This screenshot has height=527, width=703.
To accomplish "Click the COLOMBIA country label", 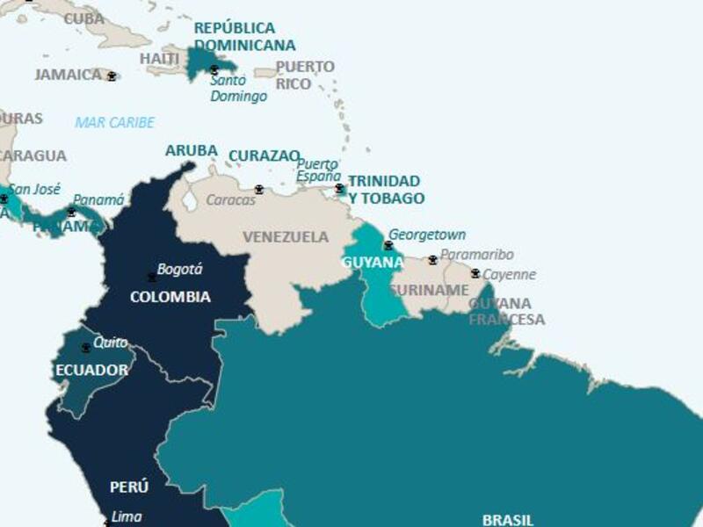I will click(x=170, y=297).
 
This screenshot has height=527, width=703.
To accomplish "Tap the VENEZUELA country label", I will click(x=286, y=237).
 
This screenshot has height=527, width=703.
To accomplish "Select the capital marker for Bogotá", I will click(x=152, y=278).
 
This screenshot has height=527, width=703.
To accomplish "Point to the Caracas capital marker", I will click(x=259, y=190).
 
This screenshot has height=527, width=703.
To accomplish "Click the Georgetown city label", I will click(x=427, y=235).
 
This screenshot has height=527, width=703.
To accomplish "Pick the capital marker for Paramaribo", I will click(x=432, y=260).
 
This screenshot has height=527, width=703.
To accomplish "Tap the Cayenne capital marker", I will click(x=475, y=273).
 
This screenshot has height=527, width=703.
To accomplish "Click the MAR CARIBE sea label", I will click(x=114, y=123).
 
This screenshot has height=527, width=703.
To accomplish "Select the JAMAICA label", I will click(x=69, y=76).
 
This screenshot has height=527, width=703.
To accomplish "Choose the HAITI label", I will click(x=160, y=59).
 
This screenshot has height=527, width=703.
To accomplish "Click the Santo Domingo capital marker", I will click(x=214, y=69).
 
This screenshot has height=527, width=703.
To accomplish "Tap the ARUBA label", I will click(x=191, y=151).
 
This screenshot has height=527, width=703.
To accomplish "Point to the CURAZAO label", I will click(x=264, y=156).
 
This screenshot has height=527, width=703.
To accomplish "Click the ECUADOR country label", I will click(x=91, y=370).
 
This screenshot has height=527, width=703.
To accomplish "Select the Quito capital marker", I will click(x=85, y=348).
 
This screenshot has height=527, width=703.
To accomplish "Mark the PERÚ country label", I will click(x=129, y=487).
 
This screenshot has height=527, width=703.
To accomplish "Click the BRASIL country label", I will click(x=507, y=519).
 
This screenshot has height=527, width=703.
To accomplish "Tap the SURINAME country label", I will click(x=429, y=290).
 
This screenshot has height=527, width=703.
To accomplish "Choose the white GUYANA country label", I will click(x=372, y=263).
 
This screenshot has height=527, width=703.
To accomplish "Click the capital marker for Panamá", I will click(x=71, y=212).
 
